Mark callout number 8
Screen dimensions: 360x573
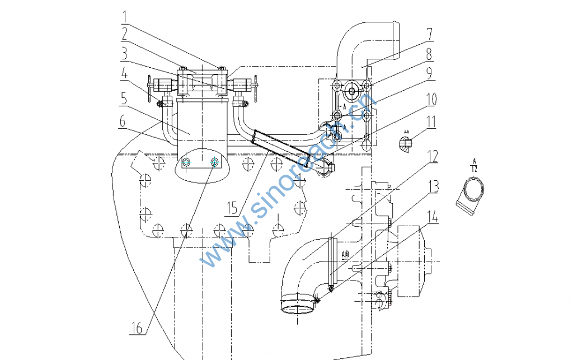click(428, 55)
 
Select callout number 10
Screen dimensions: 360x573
click(430, 99)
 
